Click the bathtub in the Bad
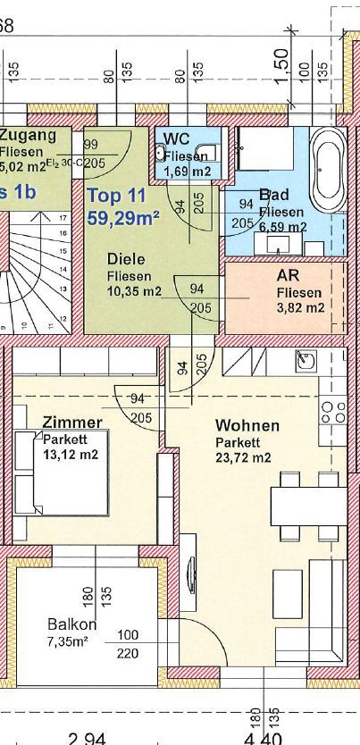pyautogui.click(x=328, y=167)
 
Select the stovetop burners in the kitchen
pyautogui.click(x=333, y=412)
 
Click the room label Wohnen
pyautogui.click(x=247, y=426)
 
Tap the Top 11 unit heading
pyautogui.click(x=118, y=195)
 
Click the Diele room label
pyautogui.click(x=126, y=260)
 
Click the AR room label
pyautogui.click(x=289, y=276)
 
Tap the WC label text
pyautogui.click(x=176, y=138)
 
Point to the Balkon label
pyautogui.click(x=72, y=624)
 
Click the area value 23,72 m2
pyautogui.click(x=242, y=458)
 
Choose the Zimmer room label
pyautogui.click(x=72, y=422)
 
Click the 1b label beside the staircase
pyautogui.click(x=18, y=191)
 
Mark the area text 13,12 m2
pyautogui.click(x=71, y=454)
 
